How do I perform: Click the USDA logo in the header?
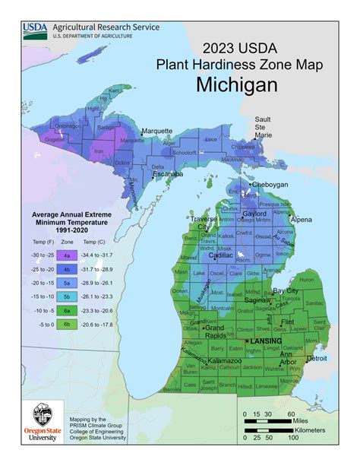(35, 29)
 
